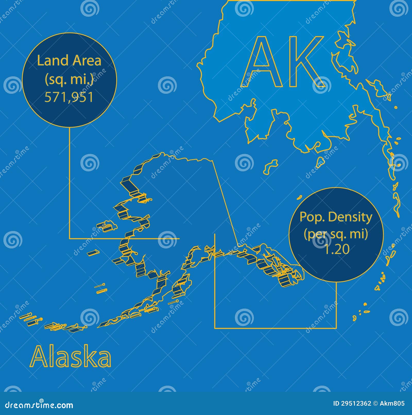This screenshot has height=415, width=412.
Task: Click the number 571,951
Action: (x=69, y=97)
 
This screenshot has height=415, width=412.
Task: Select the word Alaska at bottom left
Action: (x=71, y=357)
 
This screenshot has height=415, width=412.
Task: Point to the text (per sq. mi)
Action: (x=336, y=234)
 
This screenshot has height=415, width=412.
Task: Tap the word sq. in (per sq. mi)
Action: (x=336, y=235)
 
